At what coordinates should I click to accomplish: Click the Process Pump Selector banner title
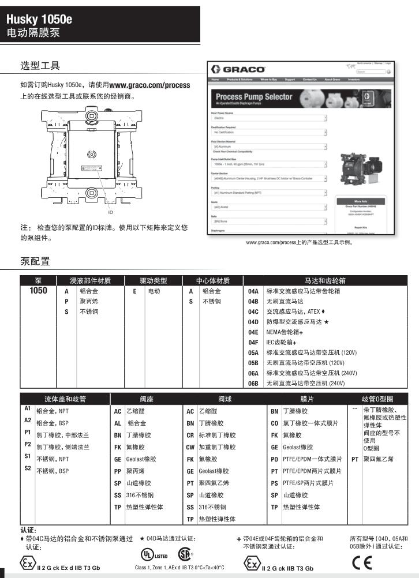pyautogui.click(x=254, y=96)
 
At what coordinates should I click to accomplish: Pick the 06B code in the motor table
pyautogui.click(x=253, y=383)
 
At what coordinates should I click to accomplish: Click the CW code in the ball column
pyautogui.click(x=190, y=447)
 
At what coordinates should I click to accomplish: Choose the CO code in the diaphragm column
pyautogui.click(x=275, y=423)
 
